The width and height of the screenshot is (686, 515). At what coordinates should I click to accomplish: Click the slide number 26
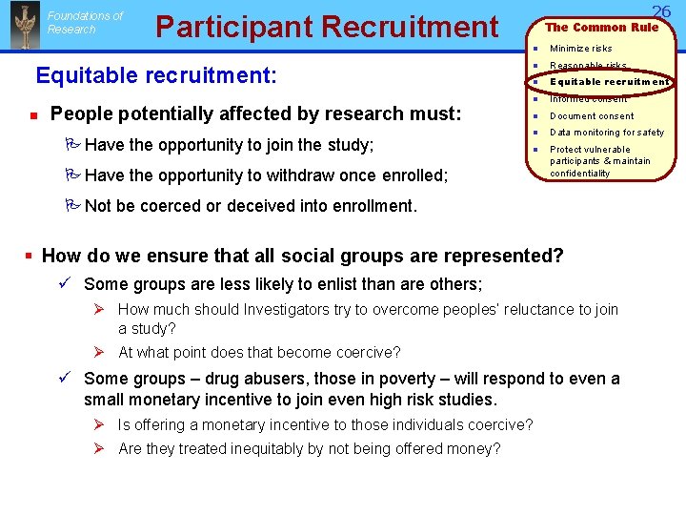click(661, 10)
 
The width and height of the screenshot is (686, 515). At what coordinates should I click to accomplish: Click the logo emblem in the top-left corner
click(23, 26)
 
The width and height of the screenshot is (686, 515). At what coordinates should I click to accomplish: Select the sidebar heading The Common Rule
click(601, 27)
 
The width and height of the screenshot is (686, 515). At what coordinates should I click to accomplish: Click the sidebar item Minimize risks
click(580, 49)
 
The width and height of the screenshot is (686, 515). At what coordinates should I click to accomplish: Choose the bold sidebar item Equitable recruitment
click(609, 82)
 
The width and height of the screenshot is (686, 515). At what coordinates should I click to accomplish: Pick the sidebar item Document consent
click(591, 116)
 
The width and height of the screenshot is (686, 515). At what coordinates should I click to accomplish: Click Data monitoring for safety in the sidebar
click(606, 133)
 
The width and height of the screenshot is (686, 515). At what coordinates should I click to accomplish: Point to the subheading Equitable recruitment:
click(156, 73)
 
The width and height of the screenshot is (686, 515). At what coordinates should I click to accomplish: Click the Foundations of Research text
click(85, 23)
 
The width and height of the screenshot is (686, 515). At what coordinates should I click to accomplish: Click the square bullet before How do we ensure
click(30, 256)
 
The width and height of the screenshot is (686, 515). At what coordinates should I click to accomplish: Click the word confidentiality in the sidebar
click(579, 174)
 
